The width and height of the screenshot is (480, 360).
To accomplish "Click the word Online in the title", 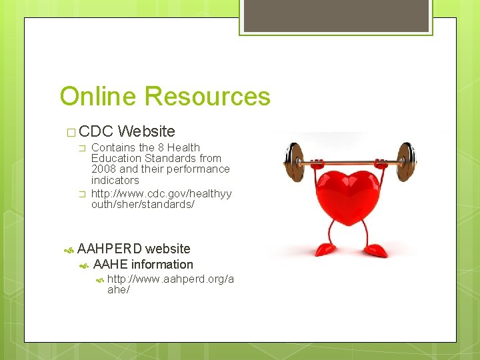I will click(99, 97).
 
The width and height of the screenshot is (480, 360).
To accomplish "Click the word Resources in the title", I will click(208, 97).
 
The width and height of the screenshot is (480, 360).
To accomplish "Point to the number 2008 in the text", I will click(104, 169).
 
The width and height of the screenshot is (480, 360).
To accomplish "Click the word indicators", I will click(115, 180).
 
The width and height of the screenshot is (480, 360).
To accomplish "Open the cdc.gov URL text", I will click(161, 199).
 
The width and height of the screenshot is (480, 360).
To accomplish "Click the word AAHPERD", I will click(109, 249).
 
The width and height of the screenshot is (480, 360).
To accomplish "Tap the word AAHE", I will click(111, 265).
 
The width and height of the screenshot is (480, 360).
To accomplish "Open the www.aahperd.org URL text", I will click(170, 285).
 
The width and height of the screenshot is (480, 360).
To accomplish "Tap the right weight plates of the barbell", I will click(406, 161).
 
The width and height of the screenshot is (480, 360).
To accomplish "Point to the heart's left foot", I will click(327, 249).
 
